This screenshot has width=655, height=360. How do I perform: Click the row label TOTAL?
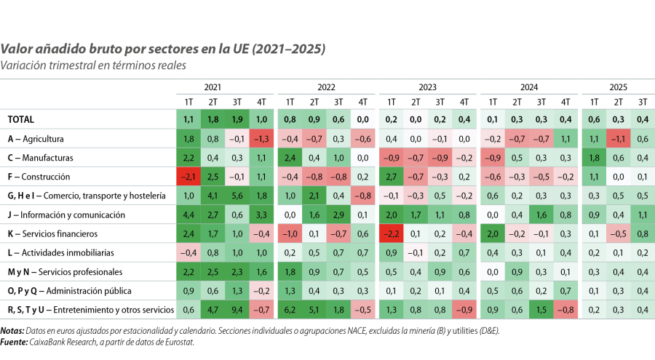(20, 119)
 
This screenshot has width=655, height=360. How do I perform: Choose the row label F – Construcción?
(39, 177)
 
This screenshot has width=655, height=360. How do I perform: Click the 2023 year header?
(427, 87)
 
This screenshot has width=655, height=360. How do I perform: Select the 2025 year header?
(619, 87)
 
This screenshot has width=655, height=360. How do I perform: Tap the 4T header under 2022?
(362, 101)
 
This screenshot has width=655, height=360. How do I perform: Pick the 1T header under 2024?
(493, 101)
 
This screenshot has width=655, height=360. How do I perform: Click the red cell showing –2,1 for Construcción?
(188, 177)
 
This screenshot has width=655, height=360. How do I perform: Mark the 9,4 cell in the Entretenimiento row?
(237, 311)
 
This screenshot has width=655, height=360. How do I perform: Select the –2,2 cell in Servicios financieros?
(391, 234)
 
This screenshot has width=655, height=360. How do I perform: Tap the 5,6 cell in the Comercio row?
(237, 196)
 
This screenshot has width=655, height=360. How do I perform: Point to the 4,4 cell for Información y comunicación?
(188, 215)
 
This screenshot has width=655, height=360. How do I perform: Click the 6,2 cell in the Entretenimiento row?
(289, 311)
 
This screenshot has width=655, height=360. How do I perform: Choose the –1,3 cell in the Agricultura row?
(262, 138)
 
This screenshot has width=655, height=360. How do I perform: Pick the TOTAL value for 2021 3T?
(237, 119)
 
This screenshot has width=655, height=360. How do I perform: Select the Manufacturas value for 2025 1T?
(594, 157)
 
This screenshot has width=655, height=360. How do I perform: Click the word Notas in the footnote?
(12, 329)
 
